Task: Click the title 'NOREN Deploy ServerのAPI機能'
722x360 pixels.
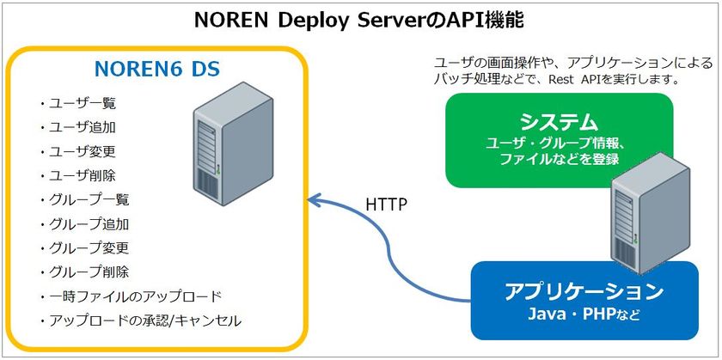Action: [361, 19]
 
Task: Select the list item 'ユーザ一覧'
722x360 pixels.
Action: [83, 103]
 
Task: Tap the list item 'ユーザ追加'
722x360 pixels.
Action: [83, 127]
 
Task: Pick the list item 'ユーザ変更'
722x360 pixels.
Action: [83, 151]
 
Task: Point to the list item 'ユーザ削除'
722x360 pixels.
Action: [83, 175]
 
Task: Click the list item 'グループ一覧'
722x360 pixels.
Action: [89, 200]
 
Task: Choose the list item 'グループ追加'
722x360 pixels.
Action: [89, 224]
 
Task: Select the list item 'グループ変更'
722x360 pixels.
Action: [89, 248]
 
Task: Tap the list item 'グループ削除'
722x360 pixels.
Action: [89, 272]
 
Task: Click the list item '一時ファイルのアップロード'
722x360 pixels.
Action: [135, 296]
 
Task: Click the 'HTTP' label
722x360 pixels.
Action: [387, 205]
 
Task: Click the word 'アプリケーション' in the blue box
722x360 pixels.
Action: [584, 290]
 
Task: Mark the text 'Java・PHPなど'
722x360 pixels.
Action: [584, 314]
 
